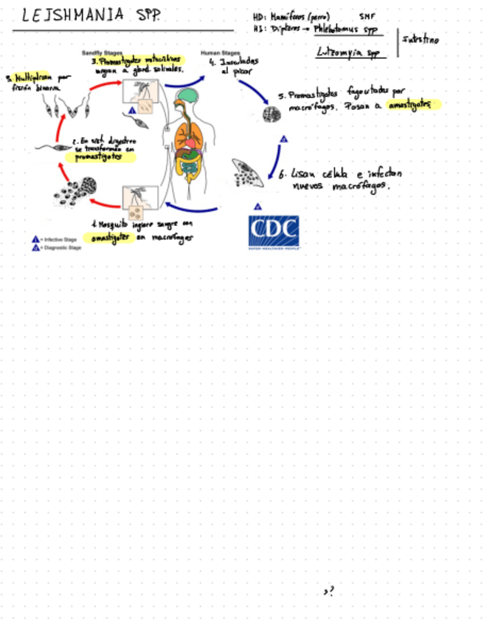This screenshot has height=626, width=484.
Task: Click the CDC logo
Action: [274, 233]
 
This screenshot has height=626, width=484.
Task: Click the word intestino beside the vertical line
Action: [421, 39]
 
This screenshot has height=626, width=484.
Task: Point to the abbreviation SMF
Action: [367, 16]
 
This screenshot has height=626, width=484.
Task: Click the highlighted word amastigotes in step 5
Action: [413, 104]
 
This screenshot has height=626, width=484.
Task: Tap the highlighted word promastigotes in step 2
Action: [100, 156]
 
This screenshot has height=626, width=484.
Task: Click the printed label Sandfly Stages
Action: [102, 53]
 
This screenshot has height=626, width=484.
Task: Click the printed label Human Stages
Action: [220, 53]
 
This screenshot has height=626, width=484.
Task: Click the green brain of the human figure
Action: [190, 95]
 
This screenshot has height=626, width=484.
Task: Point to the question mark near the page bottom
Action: [328, 591]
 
